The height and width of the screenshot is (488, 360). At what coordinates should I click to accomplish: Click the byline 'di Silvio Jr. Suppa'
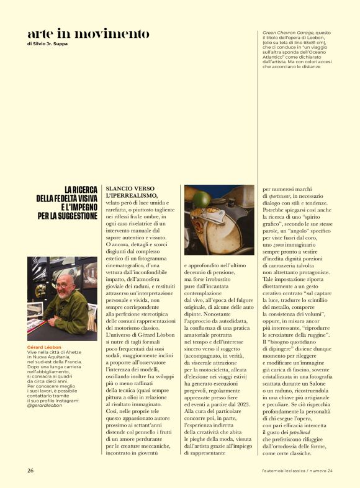(48, 44)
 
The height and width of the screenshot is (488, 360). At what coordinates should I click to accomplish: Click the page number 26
(30, 471)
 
